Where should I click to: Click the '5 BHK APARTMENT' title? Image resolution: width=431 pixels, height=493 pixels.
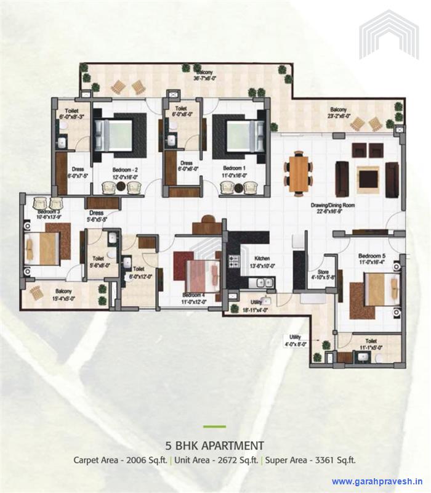coord(215,445)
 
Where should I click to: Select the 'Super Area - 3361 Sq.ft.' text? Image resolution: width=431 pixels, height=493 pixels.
coord(311,460)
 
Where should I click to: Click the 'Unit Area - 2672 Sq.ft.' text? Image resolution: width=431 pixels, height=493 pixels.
coord(216,460)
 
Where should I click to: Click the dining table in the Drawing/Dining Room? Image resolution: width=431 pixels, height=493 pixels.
coord(299,173)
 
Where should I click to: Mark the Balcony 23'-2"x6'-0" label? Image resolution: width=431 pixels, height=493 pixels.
coord(339,113)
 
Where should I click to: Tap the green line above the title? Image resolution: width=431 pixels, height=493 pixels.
coord(215,426)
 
